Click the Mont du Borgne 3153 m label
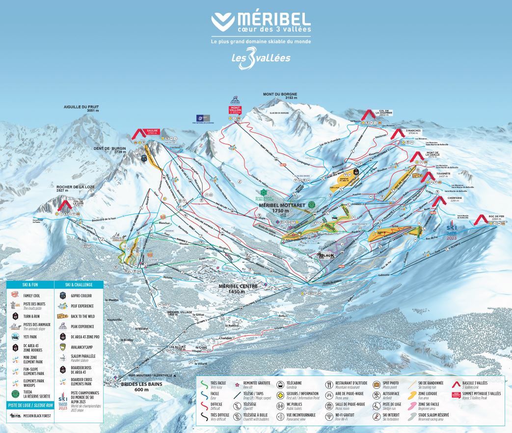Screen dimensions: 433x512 coord(280,96)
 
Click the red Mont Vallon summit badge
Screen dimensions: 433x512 coord(236,111)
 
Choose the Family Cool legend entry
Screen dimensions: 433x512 coord(31,296)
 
